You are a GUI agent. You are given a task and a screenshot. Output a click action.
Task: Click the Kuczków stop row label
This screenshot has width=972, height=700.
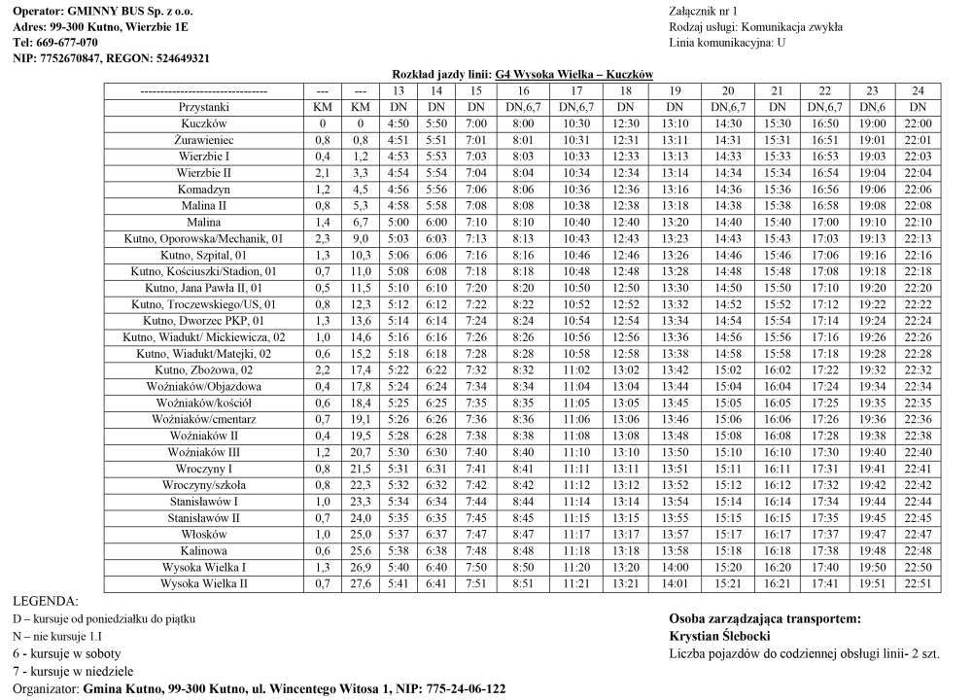click(x=204, y=123)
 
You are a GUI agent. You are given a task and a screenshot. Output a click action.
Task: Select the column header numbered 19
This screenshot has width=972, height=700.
click(x=675, y=90)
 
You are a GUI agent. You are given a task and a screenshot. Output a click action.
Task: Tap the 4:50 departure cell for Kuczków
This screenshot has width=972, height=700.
click(x=398, y=123)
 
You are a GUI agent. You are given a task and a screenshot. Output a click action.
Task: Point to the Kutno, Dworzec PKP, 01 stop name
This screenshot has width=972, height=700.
click(x=204, y=320)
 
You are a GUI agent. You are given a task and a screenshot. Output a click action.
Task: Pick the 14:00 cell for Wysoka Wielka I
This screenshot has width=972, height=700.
click(x=675, y=567)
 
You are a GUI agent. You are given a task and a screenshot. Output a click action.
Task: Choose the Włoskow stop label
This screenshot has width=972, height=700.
click(x=204, y=534)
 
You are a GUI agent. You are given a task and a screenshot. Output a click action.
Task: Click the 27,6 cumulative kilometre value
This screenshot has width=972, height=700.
click(x=360, y=583)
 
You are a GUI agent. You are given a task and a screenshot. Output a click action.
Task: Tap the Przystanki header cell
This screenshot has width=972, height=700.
click(x=204, y=107)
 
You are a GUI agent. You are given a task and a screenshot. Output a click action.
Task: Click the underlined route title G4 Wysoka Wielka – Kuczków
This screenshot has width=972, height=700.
click(x=573, y=74)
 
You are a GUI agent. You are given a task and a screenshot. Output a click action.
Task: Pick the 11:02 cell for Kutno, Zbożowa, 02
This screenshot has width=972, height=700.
click(x=575, y=369)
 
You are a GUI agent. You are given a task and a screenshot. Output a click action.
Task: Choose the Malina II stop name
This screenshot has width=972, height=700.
click(x=204, y=205)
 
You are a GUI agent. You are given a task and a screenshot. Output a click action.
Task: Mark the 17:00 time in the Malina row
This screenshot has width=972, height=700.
click(x=823, y=222)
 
